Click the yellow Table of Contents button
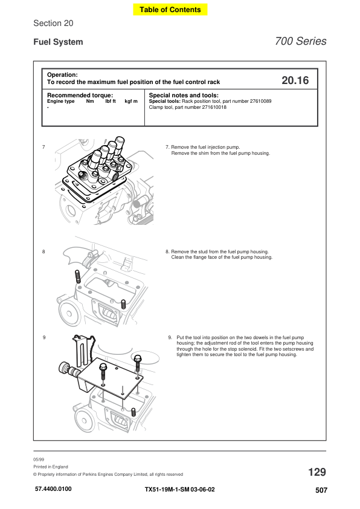click(x=170, y=10)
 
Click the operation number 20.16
click(x=295, y=80)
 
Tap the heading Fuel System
click(x=58, y=42)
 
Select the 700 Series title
click(x=300, y=41)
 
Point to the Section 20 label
click(x=53, y=23)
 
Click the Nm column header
click(x=90, y=102)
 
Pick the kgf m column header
click(x=131, y=102)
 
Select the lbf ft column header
click(x=111, y=102)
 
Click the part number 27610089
click(x=260, y=102)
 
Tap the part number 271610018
click(x=214, y=107)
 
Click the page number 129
click(x=317, y=472)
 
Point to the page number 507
click(x=321, y=490)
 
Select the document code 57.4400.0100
click(x=53, y=489)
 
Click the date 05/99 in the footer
click(x=39, y=459)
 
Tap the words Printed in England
click(x=51, y=467)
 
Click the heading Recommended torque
click(x=80, y=95)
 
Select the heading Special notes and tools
click(x=184, y=95)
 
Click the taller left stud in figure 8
click(x=78, y=277)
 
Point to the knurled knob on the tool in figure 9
click(x=63, y=368)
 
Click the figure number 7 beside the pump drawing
click(x=43, y=147)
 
